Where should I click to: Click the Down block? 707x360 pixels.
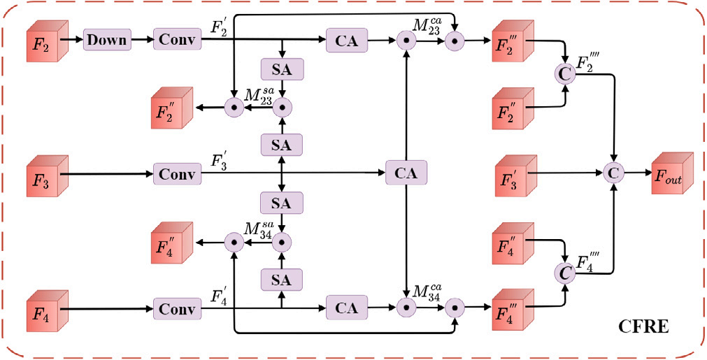(x=108, y=39)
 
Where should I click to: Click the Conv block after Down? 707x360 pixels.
(x=177, y=39)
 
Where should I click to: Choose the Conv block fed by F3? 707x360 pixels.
(x=177, y=173)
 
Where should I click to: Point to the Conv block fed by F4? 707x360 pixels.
(x=177, y=308)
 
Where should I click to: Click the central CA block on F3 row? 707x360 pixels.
(x=406, y=173)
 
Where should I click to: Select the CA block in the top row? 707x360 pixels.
(x=347, y=41)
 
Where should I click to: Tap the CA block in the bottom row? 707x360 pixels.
(x=347, y=307)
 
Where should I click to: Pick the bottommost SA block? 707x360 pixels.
(x=282, y=279)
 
